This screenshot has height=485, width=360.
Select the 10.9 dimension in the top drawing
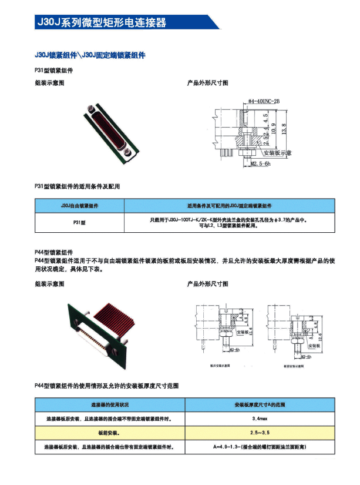[274, 128]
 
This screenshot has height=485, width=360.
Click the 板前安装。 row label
[109, 433]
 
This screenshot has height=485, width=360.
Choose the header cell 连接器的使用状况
[109, 405]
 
